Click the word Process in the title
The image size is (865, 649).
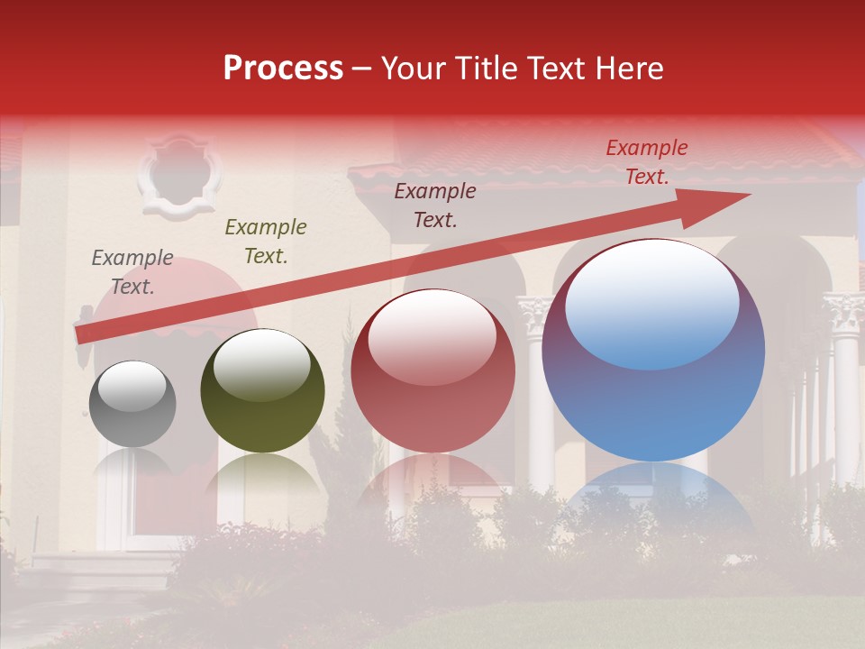point(283,69)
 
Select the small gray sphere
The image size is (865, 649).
point(132,404)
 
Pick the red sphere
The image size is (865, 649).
point(432,371)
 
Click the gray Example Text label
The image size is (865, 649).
point(132,272)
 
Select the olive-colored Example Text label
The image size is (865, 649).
point(266,242)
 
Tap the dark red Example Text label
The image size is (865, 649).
point(435,206)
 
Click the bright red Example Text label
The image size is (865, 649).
point(647,162)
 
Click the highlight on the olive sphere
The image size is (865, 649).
point(262,364)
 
